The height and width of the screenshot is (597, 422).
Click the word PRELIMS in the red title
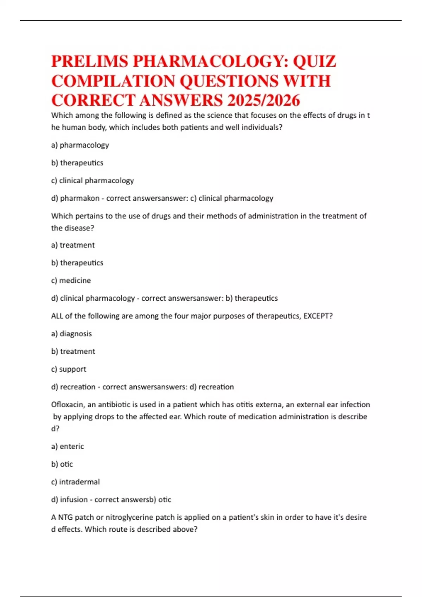pos(90,61)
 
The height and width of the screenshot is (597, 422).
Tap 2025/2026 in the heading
pos(263,100)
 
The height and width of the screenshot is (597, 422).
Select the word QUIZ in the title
pos(314,61)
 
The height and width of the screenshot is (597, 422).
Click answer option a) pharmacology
pos(80,145)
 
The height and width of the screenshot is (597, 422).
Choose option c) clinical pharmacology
pos(92,181)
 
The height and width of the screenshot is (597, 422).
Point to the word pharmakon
pos(80,198)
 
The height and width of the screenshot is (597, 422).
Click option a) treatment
pos(73,245)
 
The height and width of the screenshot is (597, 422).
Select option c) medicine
pos(71,281)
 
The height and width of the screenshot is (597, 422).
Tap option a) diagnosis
pos(71,334)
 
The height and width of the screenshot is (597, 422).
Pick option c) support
pos(69,369)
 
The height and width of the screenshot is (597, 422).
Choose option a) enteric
pos(68,446)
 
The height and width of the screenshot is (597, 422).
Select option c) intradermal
pos(75,482)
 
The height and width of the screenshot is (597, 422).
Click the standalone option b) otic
pos(62,464)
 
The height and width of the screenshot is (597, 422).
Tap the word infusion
pos(74,500)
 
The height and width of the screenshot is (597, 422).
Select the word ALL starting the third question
pos(57,316)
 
